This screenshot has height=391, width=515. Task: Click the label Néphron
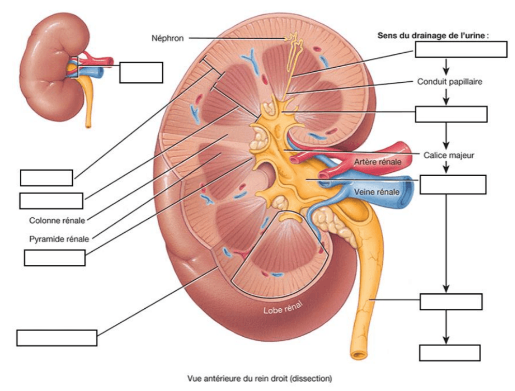[x=168, y=38]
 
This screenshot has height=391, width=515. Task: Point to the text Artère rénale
[x=377, y=162]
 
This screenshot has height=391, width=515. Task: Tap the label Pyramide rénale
[x=59, y=239]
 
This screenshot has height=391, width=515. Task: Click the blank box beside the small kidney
[x=141, y=72]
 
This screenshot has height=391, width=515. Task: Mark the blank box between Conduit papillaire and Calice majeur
[x=451, y=114]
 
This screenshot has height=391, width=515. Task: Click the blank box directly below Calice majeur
[x=453, y=184]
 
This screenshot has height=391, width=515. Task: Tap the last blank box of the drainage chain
[x=450, y=352]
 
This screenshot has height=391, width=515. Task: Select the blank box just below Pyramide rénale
[x=54, y=258]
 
